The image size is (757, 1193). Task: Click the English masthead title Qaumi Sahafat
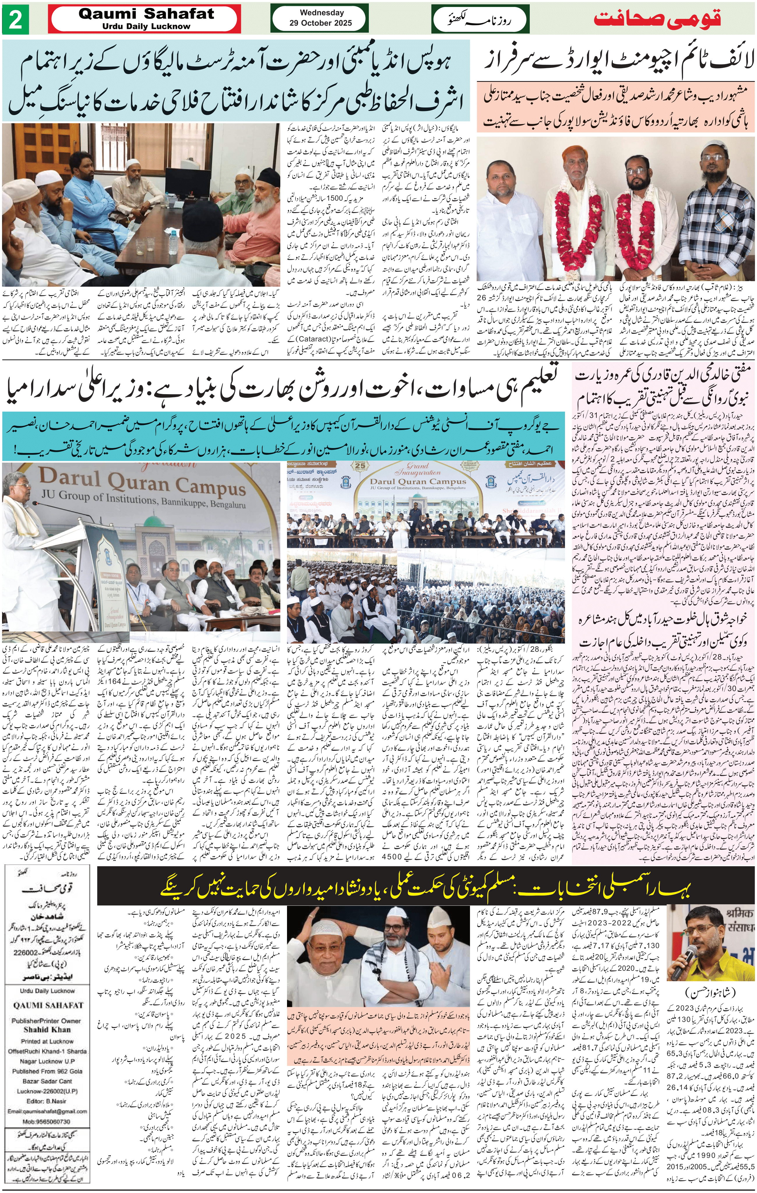click(x=146, y=14)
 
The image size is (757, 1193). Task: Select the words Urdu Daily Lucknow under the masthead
click(x=146, y=26)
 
